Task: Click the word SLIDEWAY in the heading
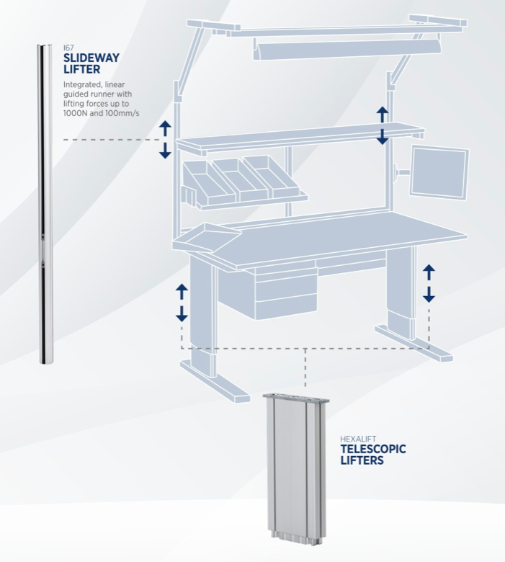point(91,58)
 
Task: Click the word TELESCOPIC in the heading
point(373,449)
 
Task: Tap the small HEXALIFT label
point(358,439)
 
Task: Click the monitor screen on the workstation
point(439,172)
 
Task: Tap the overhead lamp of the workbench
point(347,48)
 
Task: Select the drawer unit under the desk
point(286,290)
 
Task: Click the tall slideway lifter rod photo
point(45,204)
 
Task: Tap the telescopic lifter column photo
point(296,465)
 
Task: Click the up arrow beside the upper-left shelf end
point(165,128)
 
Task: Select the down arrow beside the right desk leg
point(429,295)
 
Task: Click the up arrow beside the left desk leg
point(182,292)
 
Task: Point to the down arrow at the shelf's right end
point(383,137)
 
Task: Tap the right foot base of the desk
point(414,343)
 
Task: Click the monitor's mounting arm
point(401,171)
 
